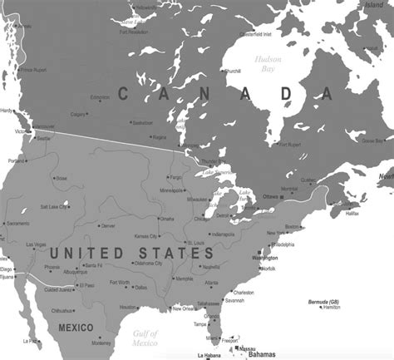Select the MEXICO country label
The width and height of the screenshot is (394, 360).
(76, 328)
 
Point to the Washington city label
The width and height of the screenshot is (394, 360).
(278, 258)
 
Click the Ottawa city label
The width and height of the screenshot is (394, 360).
(270, 196)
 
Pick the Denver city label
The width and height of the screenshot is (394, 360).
(107, 225)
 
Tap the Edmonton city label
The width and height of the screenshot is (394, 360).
(100, 97)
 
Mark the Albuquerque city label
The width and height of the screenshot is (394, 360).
(74, 272)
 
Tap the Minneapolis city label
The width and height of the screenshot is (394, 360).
(173, 190)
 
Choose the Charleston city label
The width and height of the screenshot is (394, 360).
(243, 293)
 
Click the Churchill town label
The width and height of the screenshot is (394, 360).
(233, 72)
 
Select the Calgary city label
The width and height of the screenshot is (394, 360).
(79, 114)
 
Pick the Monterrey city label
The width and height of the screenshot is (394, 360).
(101, 343)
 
